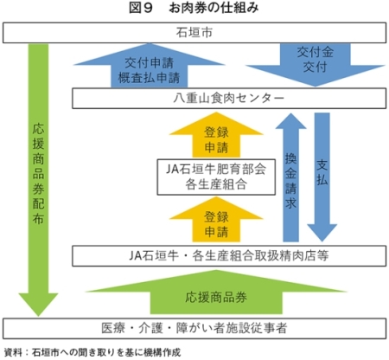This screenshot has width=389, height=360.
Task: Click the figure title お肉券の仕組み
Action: pos(214,8)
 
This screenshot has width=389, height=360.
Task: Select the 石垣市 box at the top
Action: pos(194,33)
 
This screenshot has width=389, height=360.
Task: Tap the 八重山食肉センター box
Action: pos(229,99)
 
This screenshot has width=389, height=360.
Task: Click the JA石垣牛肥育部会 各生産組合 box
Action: pos(216,177)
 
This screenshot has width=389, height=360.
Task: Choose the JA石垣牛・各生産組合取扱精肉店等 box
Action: pos(229,256)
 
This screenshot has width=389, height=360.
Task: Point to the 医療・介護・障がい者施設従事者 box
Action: pos(194,328)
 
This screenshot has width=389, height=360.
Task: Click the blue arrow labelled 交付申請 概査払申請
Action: pos(150,66)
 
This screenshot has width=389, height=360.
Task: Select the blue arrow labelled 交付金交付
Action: pos(316,65)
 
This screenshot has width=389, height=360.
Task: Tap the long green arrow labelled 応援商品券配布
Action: pos(38,179)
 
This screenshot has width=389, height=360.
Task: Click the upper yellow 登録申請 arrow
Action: pos(216,135)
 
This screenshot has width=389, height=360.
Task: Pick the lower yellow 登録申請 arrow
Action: pos(216,220)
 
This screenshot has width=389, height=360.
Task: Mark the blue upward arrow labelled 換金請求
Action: pos(290,177)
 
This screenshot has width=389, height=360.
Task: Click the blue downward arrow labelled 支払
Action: pos(322,177)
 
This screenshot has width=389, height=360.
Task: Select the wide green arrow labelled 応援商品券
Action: pos(216,292)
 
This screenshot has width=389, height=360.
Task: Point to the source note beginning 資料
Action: pos(92,352)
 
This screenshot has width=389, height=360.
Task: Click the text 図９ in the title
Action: pos(140,8)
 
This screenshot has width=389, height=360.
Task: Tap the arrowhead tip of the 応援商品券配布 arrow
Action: pos(38,316)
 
